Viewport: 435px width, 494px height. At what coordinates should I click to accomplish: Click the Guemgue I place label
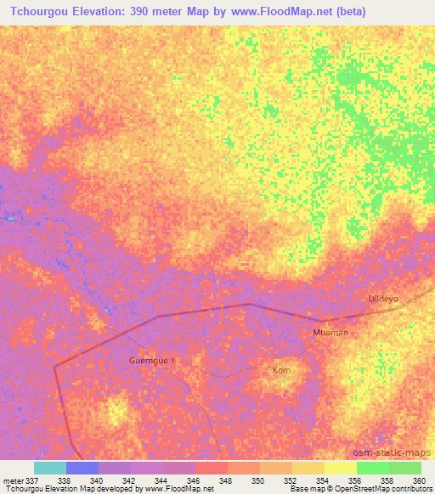tap(151, 360)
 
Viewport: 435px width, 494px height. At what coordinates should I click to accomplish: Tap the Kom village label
tap(281, 371)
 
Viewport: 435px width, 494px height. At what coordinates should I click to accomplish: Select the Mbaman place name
tap(330, 333)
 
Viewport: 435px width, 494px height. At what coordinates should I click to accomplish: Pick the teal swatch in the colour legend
tap(50, 468)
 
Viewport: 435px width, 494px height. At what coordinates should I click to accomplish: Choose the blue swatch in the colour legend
tap(82, 468)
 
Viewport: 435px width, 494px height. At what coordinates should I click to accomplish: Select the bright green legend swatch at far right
tap(405, 468)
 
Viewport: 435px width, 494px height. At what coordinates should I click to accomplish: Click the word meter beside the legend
tap(14, 480)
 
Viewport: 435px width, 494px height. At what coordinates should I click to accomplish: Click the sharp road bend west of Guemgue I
tap(55, 366)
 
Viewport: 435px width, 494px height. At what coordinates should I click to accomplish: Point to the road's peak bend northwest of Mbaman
tap(249, 304)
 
